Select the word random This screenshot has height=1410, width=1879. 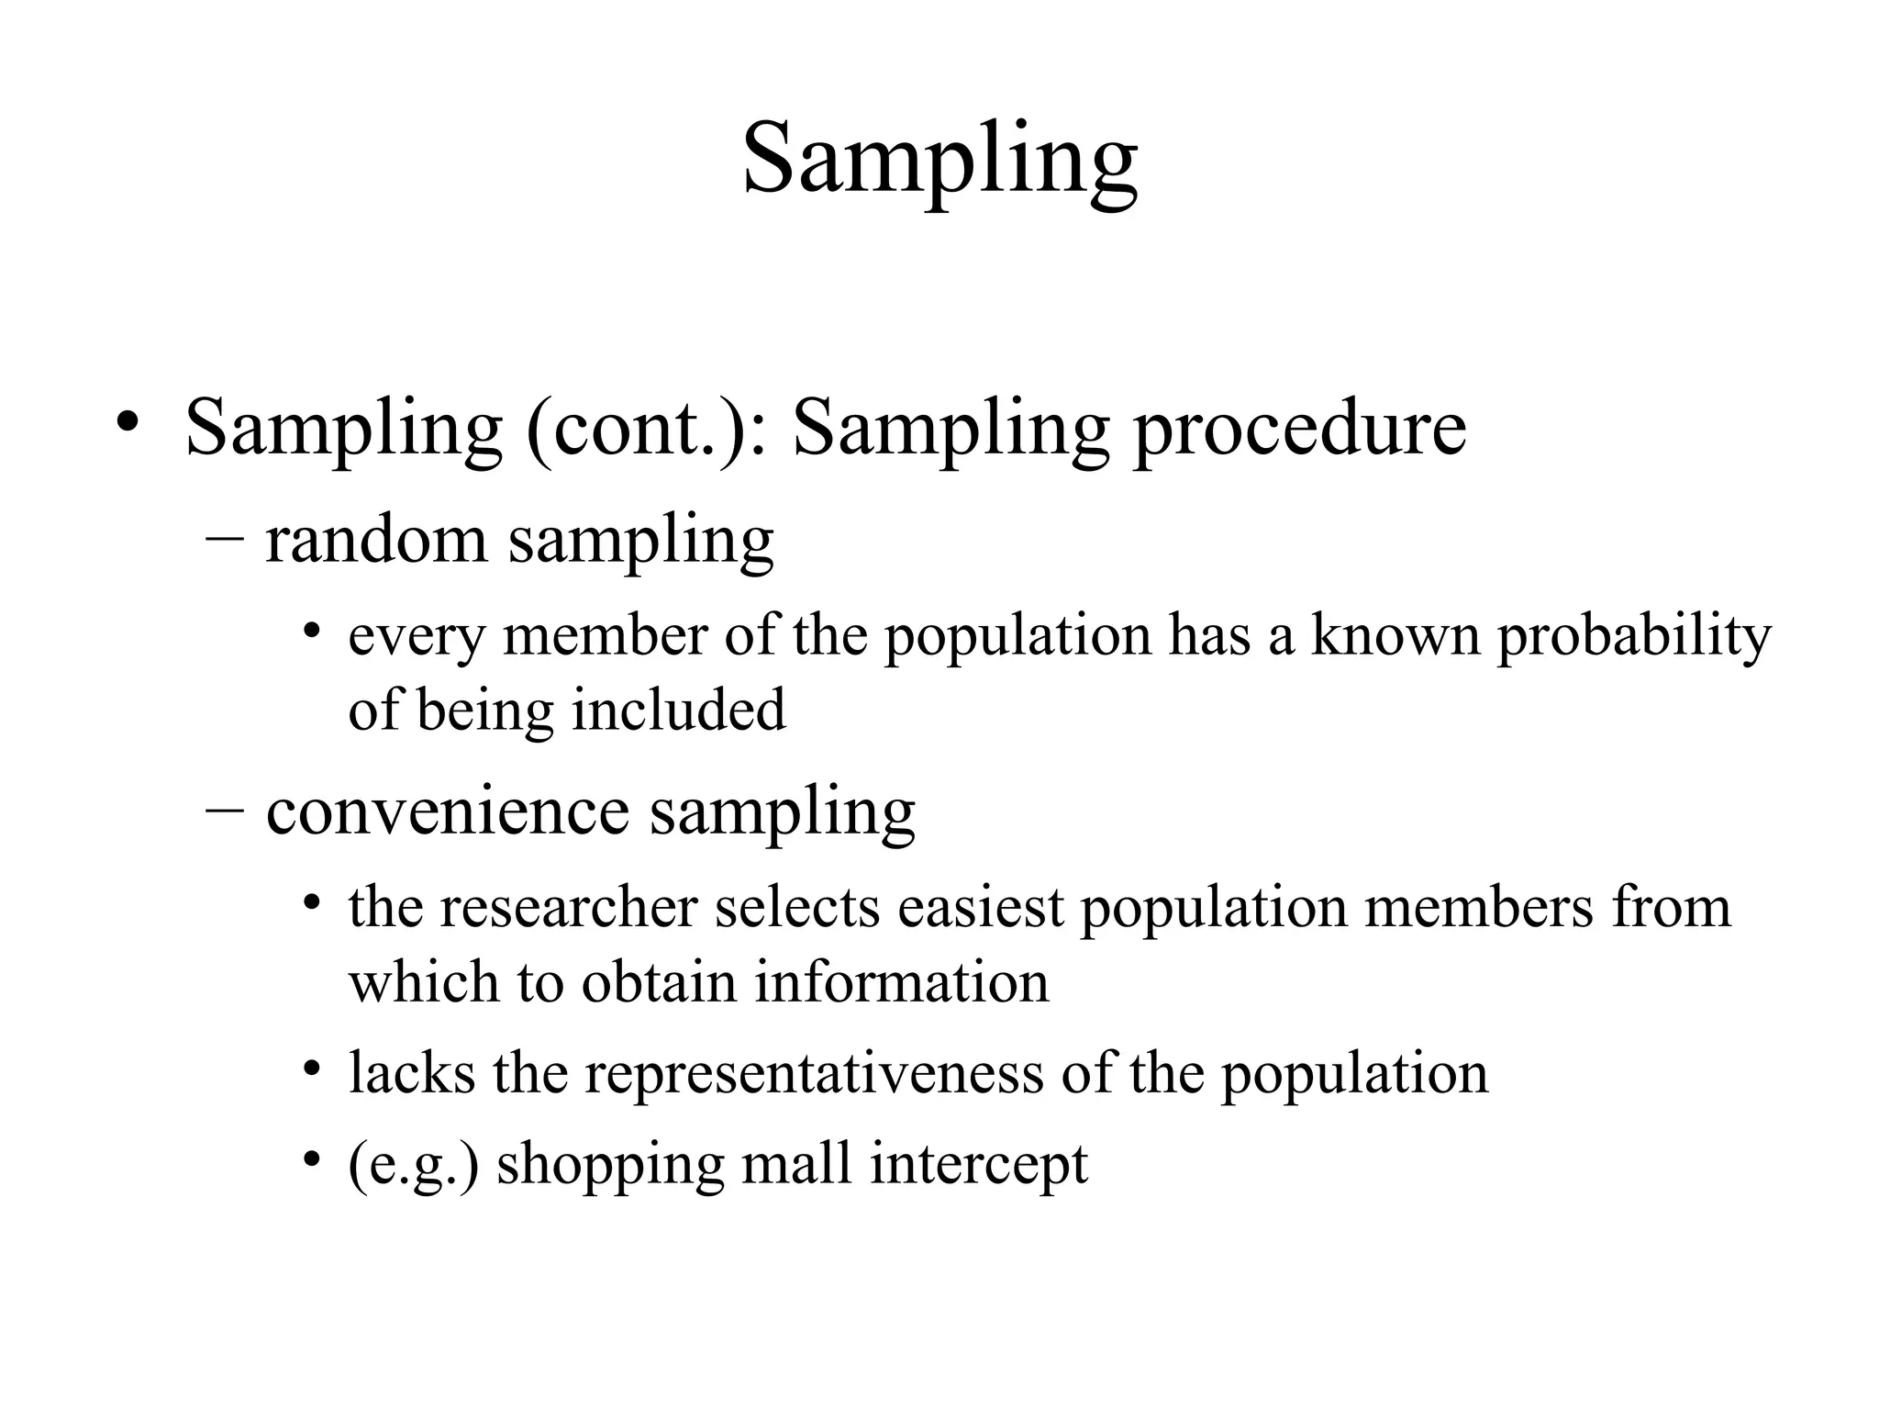pos(376,540)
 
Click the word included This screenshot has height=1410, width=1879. pos(679,710)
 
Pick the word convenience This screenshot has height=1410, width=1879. pos(448,811)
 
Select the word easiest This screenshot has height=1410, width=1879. pos(981,907)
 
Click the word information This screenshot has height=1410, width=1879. pos(902,982)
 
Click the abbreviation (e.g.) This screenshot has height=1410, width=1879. pos(414,1166)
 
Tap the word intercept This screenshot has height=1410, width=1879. pos(979,1166)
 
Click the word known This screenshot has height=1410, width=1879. pos(1395,635)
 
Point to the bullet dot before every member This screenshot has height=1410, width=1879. pos(313,631)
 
